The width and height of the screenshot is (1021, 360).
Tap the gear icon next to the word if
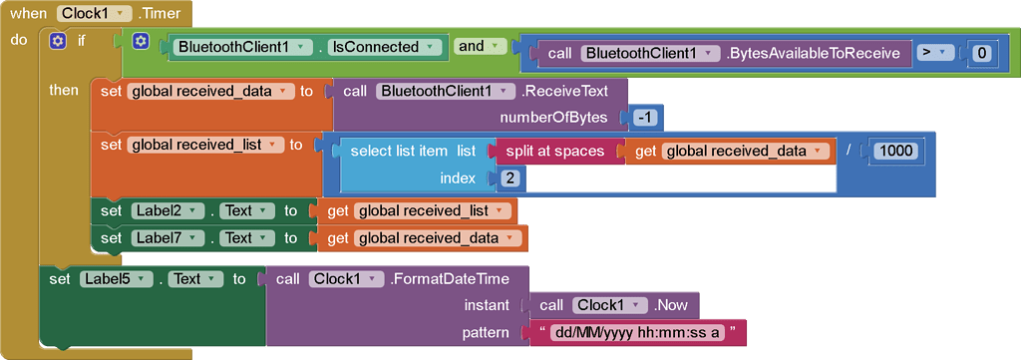(x=58, y=41)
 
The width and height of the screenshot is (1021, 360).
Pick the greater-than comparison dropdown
(x=936, y=53)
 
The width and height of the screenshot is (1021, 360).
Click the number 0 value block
(x=982, y=53)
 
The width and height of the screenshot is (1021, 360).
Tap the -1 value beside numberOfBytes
(x=646, y=118)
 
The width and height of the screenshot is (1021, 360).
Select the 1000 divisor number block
(x=897, y=151)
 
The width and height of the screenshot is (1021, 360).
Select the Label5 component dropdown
(x=114, y=279)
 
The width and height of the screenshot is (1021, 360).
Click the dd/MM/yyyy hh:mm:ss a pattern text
(x=635, y=332)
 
